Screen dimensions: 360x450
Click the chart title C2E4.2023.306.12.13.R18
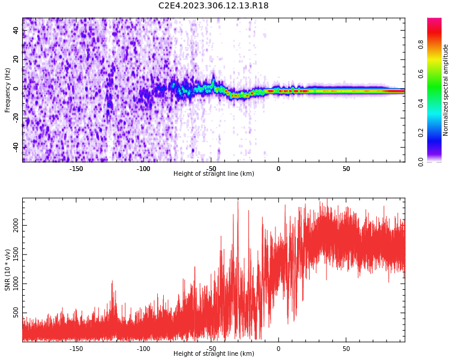pyautogui.click(x=213, y=5)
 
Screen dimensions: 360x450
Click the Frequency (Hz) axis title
pyautogui.click(x=8, y=90)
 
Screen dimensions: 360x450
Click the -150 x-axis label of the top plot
pyautogui.click(x=76, y=169)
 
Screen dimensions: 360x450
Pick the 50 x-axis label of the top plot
pyautogui.click(x=346, y=169)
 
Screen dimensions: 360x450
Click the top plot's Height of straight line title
pyautogui.click(x=214, y=174)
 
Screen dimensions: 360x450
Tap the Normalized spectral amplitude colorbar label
pyautogui.click(x=446, y=90)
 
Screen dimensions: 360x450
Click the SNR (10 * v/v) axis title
pyautogui.click(x=8, y=270)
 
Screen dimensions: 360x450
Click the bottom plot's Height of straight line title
pyautogui.click(x=214, y=354)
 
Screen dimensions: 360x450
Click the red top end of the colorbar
pyautogui.click(x=434, y=22)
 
